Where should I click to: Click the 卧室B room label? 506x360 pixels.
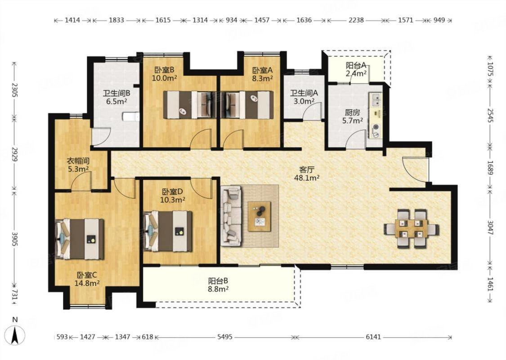164,70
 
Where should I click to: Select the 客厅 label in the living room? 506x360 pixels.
307,170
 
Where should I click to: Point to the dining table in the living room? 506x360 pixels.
412,228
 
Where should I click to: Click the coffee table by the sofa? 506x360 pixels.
259,216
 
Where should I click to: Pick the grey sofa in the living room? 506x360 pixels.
231,216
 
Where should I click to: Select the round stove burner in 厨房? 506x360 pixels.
376,128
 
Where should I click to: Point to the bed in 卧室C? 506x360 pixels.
80,239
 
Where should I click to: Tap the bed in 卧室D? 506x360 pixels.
167,231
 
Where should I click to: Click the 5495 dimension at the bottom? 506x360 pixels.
224,337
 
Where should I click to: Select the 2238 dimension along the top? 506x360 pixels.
356,20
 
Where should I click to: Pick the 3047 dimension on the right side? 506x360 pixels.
490,229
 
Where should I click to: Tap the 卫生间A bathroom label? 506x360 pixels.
304,93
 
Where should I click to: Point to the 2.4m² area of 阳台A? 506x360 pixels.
356,73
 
